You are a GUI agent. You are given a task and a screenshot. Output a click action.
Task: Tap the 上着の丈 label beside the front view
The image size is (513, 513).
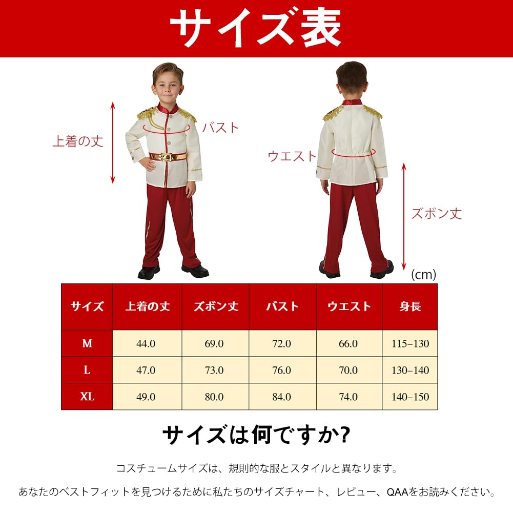tap(78, 141)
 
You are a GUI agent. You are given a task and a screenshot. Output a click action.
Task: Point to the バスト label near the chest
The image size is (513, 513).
tap(220, 127)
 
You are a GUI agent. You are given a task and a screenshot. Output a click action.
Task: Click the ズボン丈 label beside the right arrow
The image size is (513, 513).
tap(437, 213)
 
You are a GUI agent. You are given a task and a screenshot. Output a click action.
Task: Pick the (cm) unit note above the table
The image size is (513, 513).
tap(423, 275)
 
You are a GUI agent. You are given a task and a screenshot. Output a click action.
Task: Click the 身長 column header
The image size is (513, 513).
tap(410, 306)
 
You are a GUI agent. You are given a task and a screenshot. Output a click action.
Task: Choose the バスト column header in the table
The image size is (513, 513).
tap(282, 306)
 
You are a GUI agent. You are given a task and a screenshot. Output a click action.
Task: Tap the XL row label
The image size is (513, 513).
tap(87, 397)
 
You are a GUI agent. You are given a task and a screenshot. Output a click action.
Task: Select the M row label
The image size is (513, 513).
tap(87, 344)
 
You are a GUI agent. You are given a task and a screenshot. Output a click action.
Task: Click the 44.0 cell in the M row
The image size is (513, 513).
tap(146, 344)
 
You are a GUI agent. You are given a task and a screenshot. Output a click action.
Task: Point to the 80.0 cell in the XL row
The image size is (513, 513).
tap(214, 397)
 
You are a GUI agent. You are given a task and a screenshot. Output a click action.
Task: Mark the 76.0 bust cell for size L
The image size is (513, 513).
tap(282, 371)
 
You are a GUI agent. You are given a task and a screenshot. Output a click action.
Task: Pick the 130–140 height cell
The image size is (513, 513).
tap(410, 371)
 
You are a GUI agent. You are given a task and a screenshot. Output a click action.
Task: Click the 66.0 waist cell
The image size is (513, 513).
tap(348, 344)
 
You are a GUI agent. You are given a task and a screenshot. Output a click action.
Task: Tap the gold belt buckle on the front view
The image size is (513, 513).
tap(166, 157)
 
